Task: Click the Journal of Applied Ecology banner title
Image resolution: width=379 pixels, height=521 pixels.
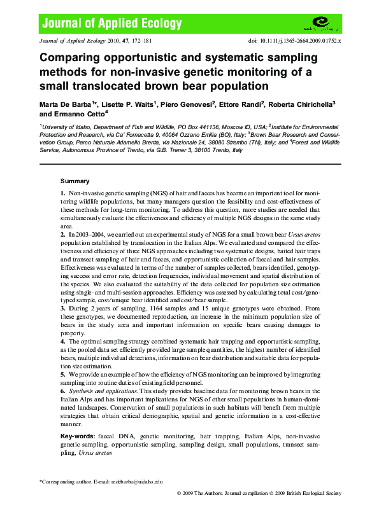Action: (112, 24)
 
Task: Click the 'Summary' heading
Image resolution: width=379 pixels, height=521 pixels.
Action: (75, 181)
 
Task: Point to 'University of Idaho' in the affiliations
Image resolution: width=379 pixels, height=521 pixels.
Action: (68, 127)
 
